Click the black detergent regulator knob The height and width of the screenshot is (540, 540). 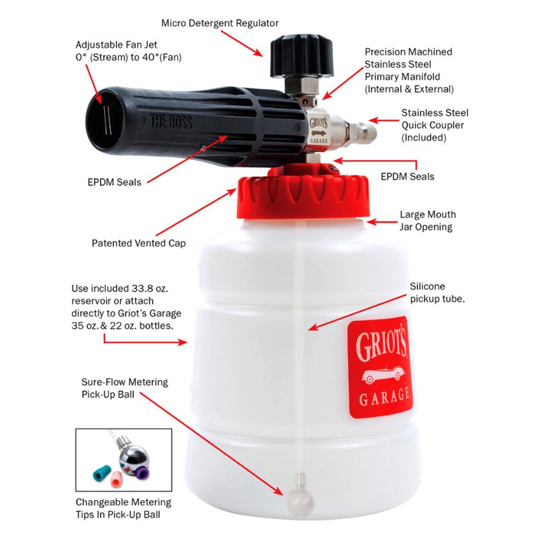[x=302, y=56]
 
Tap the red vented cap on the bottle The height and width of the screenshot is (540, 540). [x=303, y=194]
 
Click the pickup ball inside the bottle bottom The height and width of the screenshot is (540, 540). [x=300, y=502]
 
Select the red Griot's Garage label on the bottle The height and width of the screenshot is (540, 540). [x=380, y=367]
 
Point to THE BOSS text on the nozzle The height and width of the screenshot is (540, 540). [x=171, y=122]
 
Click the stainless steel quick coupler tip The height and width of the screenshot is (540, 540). [x=362, y=133]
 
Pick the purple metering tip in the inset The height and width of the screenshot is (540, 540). [x=142, y=473]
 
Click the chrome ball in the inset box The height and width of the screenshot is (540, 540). [x=133, y=457]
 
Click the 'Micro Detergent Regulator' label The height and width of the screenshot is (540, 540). [x=220, y=23]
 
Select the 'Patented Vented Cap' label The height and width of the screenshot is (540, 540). [x=138, y=243]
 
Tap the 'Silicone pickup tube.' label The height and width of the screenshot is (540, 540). [x=437, y=292]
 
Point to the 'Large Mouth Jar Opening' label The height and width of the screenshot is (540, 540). [x=427, y=221]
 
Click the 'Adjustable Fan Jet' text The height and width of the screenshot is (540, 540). [x=116, y=45]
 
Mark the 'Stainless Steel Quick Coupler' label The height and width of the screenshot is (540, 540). [x=435, y=125]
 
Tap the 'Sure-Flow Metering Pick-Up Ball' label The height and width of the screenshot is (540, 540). [x=125, y=388]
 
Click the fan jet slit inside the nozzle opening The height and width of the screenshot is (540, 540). [x=107, y=119]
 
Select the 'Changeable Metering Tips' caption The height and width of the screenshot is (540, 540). [x=124, y=508]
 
